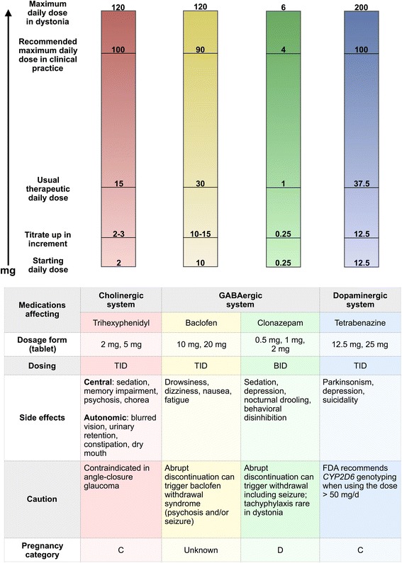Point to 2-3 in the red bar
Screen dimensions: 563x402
(120, 233)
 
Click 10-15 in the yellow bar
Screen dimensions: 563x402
(200, 233)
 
